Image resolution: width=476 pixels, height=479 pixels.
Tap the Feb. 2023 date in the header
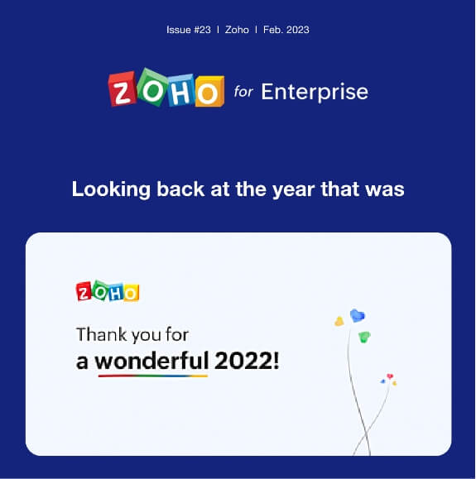(x=286, y=30)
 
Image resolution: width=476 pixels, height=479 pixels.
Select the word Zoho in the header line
(x=237, y=30)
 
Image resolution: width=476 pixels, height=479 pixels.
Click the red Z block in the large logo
(x=123, y=88)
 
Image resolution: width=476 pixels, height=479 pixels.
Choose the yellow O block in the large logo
(x=209, y=89)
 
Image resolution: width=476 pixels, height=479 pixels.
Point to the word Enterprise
(x=315, y=91)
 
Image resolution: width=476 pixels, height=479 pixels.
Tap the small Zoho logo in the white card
(x=108, y=292)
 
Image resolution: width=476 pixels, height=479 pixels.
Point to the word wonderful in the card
(x=151, y=361)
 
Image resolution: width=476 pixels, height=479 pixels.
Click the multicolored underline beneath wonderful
(x=151, y=375)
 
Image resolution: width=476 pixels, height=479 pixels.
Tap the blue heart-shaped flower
(x=358, y=315)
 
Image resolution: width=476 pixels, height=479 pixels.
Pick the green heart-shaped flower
(x=364, y=337)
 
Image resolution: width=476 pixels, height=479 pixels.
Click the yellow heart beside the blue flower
(x=339, y=321)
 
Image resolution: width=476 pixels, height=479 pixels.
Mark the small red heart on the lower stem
(x=389, y=377)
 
